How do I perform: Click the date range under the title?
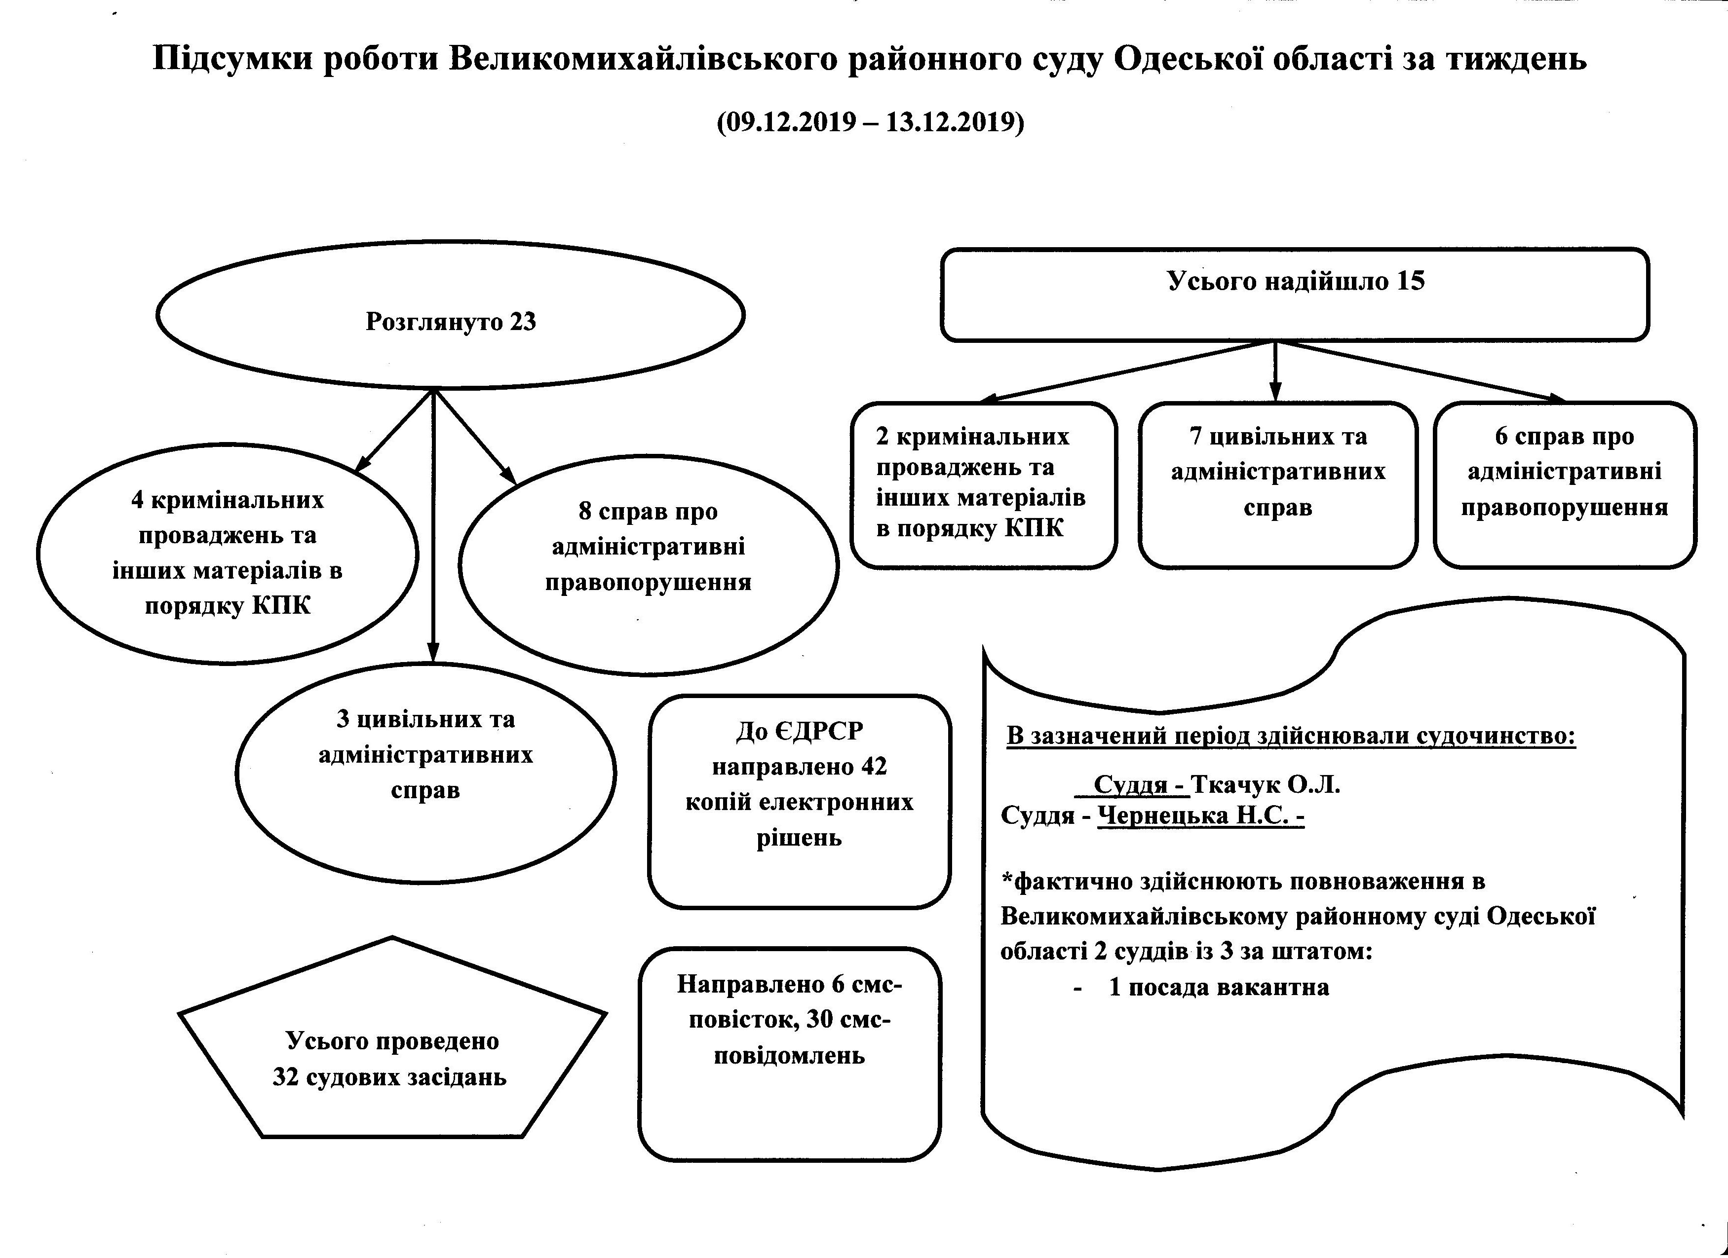870,122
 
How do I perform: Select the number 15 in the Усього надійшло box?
1411,281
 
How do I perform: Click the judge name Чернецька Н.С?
1194,815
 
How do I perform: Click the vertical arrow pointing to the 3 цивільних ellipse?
433,525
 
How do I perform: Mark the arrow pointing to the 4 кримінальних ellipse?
394,431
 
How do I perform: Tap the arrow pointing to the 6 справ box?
1421,371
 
